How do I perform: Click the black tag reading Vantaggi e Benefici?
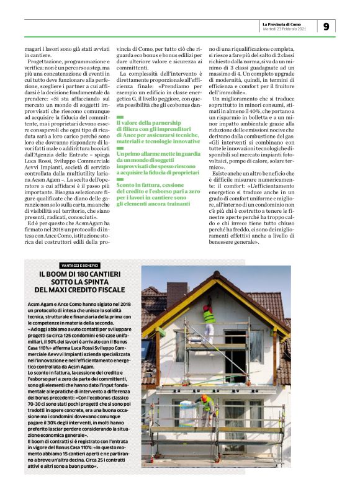pyautogui.click(x=79, y=266)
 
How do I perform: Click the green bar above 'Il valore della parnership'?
pyautogui.click(x=120, y=117)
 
